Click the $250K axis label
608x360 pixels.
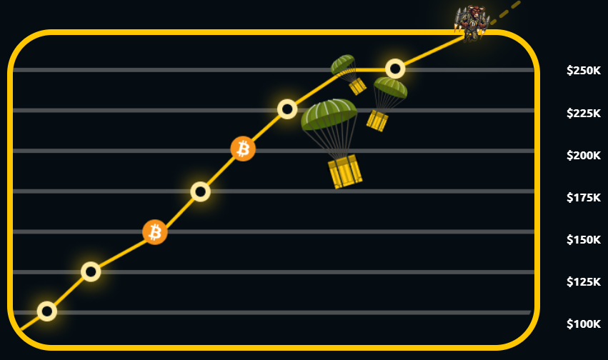click(584, 71)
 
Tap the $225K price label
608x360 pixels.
click(584, 113)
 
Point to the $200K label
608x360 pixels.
click(584, 156)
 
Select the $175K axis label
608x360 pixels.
click(584, 198)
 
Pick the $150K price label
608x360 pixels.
click(584, 240)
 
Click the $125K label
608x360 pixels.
click(584, 281)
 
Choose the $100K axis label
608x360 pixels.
click(584, 324)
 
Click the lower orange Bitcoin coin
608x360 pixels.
click(155, 232)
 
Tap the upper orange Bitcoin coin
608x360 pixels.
click(243, 149)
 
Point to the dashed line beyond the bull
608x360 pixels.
click(505, 13)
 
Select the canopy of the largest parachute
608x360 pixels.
click(329, 114)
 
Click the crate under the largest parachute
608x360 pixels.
click(344, 171)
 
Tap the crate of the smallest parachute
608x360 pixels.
click(357, 86)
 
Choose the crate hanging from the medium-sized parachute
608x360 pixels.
click(377, 121)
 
